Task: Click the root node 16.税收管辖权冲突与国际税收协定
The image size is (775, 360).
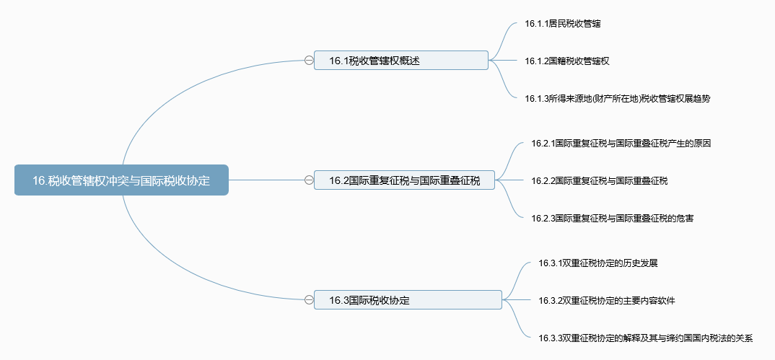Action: [121, 180]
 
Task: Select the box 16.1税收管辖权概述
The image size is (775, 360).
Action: [400, 61]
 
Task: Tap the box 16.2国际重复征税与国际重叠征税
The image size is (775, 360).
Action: [404, 180]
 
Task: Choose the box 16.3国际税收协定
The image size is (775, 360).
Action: [408, 299]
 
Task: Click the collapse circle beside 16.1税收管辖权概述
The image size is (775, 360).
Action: [309, 61]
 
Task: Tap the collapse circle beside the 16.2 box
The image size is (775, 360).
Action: [309, 180]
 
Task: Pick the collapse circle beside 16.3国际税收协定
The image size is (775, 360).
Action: [309, 299]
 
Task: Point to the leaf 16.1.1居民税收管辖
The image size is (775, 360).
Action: [562, 23]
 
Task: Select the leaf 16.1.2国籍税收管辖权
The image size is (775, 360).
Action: [567, 61]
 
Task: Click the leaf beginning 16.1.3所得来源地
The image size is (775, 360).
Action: [618, 98]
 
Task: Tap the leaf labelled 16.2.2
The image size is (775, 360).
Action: [599, 181]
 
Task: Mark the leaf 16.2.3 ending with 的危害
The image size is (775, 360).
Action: [612, 218]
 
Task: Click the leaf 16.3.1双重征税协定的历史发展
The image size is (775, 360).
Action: [598, 263]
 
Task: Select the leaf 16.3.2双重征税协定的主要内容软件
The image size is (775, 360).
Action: [606, 300]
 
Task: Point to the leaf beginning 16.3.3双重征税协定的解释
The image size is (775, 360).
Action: [646, 338]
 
